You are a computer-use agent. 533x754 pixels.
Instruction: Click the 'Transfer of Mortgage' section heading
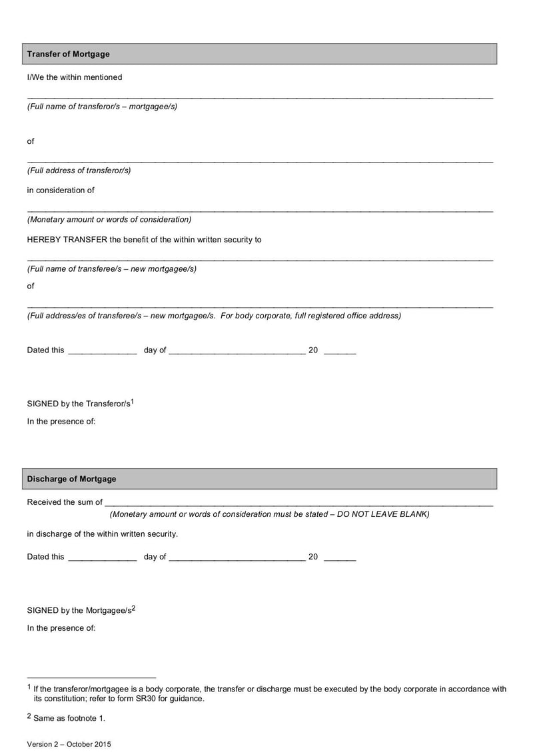[68, 54]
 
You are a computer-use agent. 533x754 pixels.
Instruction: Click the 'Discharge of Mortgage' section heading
[71, 479]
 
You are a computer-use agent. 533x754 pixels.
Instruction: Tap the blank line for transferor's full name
[260, 97]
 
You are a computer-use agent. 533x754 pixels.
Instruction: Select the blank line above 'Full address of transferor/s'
[260, 161]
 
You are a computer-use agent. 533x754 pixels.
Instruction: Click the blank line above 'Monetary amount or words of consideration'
[260, 210]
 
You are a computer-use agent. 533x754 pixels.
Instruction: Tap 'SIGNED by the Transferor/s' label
[79, 404]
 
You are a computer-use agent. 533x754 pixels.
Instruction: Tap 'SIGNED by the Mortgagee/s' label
[79, 610]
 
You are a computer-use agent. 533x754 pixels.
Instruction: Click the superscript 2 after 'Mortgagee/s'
[133, 607]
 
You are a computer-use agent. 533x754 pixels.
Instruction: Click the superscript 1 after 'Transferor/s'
[133, 401]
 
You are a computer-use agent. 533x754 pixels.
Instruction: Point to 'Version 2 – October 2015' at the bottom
[69, 744]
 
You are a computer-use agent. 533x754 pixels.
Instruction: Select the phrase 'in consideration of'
[61, 190]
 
